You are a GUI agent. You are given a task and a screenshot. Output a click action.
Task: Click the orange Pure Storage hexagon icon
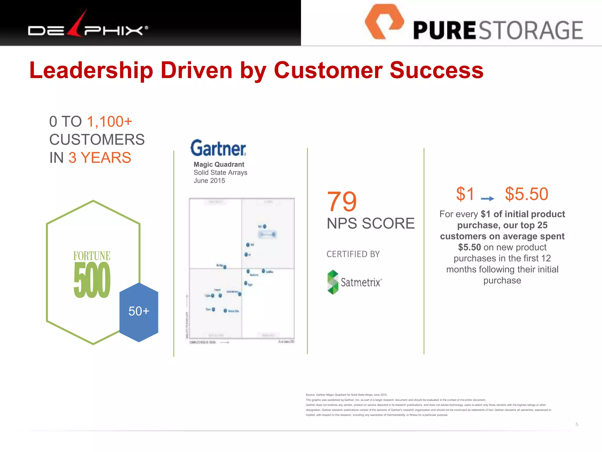pyautogui.click(x=384, y=21)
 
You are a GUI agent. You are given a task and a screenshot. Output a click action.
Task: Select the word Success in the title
pyautogui.click(x=437, y=71)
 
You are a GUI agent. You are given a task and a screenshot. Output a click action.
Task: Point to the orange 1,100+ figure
pyautogui.click(x=110, y=122)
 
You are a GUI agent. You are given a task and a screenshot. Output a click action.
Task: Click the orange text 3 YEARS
pyautogui.click(x=100, y=158)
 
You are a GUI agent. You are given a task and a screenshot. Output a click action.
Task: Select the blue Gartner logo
pyautogui.click(x=218, y=148)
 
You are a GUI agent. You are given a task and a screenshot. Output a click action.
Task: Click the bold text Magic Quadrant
pyautogui.click(x=219, y=164)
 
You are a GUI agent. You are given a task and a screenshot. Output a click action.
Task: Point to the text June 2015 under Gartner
pyautogui.click(x=209, y=181)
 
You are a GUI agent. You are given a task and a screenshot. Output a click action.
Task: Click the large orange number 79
pyautogui.click(x=342, y=202)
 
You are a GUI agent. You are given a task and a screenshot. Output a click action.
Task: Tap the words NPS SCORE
pyautogui.click(x=370, y=223)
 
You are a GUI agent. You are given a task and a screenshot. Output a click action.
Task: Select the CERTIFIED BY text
pyautogui.click(x=353, y=254)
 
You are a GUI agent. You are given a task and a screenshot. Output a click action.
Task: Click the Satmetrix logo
pyautogui.click(x=354, y=282)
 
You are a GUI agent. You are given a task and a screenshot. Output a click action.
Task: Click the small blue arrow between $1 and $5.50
pyautogui.click(x=487, y=199)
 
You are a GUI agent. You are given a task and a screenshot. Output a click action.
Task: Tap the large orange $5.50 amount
pyautogui.click(x=526, y=194)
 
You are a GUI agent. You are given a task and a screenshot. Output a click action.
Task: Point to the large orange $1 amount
pyautogui.click(x=465, y=194)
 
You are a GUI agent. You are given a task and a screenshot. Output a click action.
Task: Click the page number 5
pyautogui.click(x=577, y=424)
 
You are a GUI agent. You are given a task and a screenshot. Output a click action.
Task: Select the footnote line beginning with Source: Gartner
pyautogui.click(x=346, y=395)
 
